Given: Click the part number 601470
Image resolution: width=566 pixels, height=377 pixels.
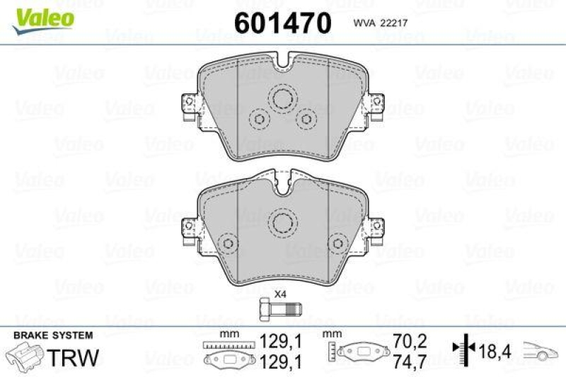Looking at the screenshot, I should [x=282, y=23].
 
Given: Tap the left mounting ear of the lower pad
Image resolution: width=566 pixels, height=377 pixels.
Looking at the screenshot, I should [x=190, y=229].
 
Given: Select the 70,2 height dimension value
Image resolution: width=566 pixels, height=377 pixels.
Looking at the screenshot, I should [x=411, y=341].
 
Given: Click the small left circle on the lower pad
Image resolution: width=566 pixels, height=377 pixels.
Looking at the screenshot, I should [x=228, y=244].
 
